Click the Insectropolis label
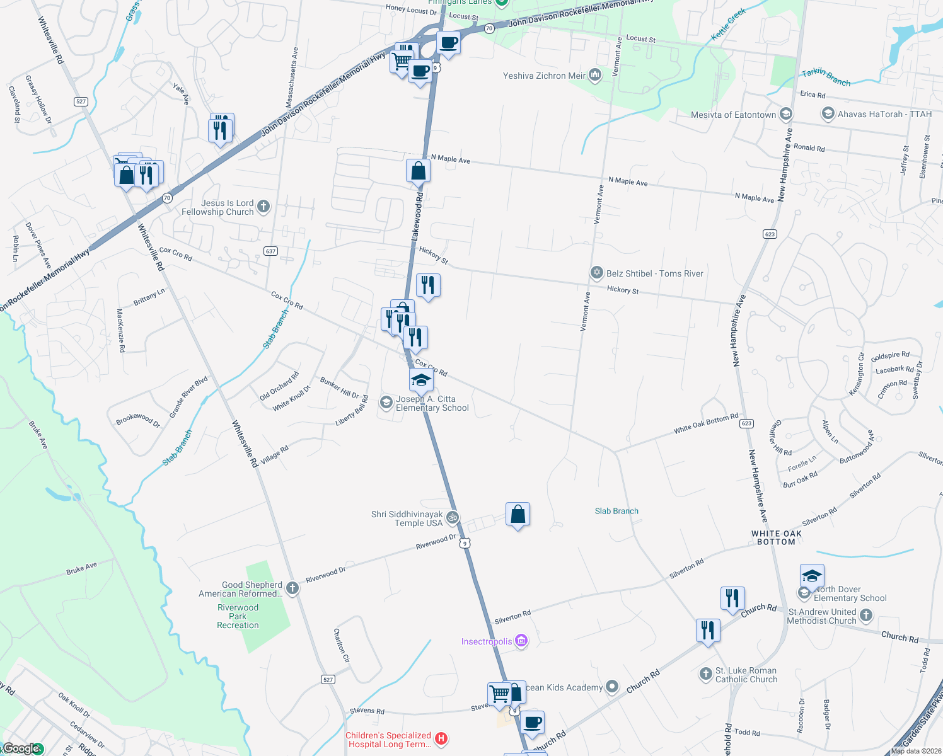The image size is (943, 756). pos(487,641)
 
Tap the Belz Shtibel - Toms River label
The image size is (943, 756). pos(654,273)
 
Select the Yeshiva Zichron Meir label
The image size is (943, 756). pos(544,76)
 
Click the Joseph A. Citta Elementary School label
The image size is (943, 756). pos(432,403)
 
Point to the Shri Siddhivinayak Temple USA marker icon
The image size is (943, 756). pos(452,518)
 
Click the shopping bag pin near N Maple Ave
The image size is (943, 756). pos(418,171)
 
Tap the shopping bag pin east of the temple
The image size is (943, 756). pos(518,515)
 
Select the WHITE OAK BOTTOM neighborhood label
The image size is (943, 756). pos(777,537)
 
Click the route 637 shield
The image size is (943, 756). pos(270,251)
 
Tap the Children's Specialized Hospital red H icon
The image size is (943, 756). pos(441,738)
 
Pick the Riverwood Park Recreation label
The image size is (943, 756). pos(238,616)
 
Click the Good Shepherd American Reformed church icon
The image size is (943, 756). pos(292,588)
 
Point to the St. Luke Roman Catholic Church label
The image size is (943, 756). pos(746,675)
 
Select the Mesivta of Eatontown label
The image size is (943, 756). pos(733,115)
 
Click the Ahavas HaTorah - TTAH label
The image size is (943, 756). pos(884,114)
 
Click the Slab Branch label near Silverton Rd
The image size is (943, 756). pos(616,511)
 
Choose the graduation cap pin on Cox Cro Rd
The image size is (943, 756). pos(421,381)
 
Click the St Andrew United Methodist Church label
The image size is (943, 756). pos(822,616)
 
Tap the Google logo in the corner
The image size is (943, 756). pos(22,748)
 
